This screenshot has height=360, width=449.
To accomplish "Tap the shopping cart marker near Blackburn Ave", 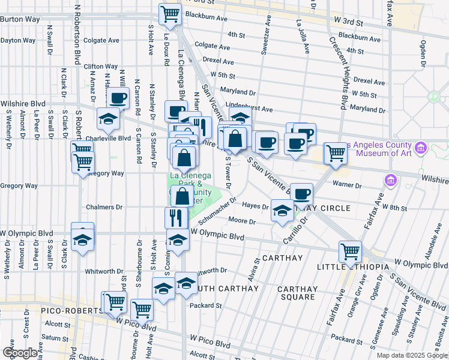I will click(x=170, y=14).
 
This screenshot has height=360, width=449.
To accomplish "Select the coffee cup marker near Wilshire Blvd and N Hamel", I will click(x=176, y=112).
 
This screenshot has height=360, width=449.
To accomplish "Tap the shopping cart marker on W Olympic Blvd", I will click(x=350, y=251).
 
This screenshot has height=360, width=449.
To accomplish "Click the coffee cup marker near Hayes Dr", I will click(x=302, y=193).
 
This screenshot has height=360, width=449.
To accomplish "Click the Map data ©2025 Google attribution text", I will click(x=411, y=355).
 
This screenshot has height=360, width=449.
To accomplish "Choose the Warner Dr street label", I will click(x=348, y=186).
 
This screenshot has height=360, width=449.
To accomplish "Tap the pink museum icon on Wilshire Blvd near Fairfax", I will click(x=391, y=179).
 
